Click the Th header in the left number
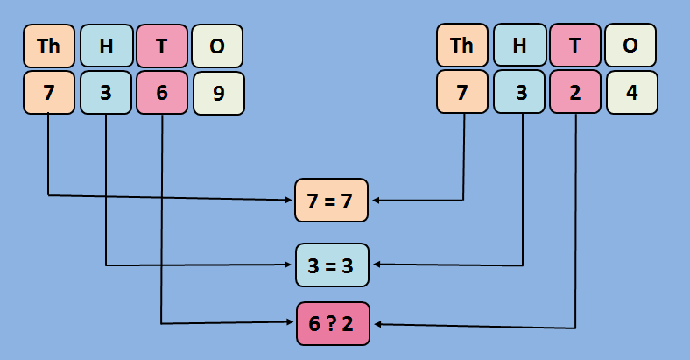(49, 46)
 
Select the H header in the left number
(106, 46)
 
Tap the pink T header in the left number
(162, 46)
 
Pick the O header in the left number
(217, 46)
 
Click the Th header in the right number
(462, 46)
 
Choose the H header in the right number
(519, 46)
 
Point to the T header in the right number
(575, 46)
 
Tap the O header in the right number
(631, 46)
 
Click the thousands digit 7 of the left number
(49, 92)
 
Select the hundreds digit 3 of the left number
(106, 92)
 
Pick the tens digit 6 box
(162, 92)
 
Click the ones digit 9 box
(218, 93)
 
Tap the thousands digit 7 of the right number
(462, 92)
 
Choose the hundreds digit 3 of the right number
(519, 92)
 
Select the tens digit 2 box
(575, 92)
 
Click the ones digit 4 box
(631, 92)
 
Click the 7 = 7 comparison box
(332, 201)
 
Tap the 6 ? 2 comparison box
(332, 324)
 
